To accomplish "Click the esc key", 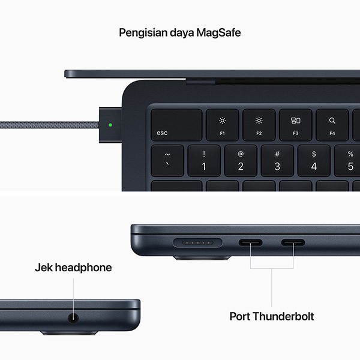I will click(176, 125).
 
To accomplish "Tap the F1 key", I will click(222, 125).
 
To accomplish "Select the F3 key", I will click(295, 125).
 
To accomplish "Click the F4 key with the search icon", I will click(332, 125).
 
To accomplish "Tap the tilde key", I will click(167, 160).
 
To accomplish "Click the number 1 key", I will click(203, 160).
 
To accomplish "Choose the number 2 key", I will click(241, 160).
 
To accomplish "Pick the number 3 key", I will click(277, 160).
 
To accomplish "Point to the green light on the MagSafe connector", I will click(110, 126).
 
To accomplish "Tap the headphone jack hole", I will click(74, 319).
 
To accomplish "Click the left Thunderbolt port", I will click(250, 244).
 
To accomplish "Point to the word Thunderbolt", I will click(285, 316).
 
